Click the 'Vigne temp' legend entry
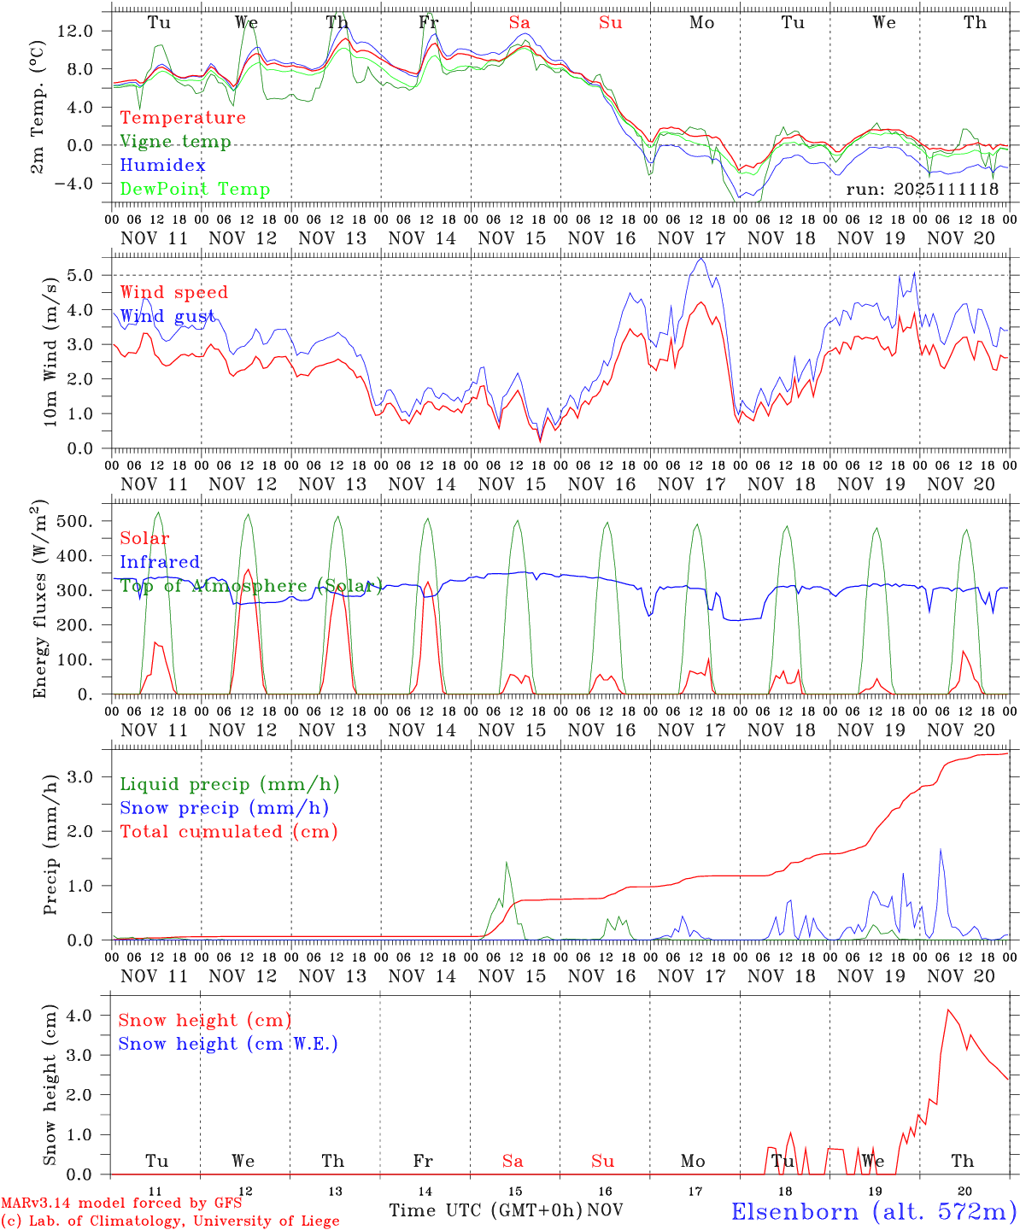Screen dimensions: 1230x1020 pyautogui.click(x=175, y=142)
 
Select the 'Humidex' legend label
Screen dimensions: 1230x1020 pyautogui.click(x=162, y=166)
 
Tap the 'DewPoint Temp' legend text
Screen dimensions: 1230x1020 pyautogui.click(x=195, y=190)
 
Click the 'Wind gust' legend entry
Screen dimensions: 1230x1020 pyautogui.click(x=167, y=316)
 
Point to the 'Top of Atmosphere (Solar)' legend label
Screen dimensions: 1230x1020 pyautogui.click(x=250, y=586)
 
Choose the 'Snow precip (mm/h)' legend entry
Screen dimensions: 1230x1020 pyautogui.click(x=224, y=808)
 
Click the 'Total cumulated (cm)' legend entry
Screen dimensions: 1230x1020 pyautogui.click(x=228, y=832)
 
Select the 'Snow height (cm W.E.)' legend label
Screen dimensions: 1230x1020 pyautogui.click(x=227, y=1044)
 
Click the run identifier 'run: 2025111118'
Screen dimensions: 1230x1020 pyautogui.click(x=922, y=190)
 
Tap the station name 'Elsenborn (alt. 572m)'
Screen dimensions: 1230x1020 pyautogui.click(x=873, y=1211)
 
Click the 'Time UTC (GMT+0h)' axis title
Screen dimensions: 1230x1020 pyautogui.click(x=485, y=1210)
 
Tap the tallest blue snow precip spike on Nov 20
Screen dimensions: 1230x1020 pyautogui.click(x=941, y=849)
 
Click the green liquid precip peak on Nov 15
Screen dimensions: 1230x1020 pyautogui.click(x=507, y=863)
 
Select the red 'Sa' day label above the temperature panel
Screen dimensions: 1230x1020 pyautogui.click(x=519, y=23)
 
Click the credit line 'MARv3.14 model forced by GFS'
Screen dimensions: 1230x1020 pyautogui.click(x=121, y=1204)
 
